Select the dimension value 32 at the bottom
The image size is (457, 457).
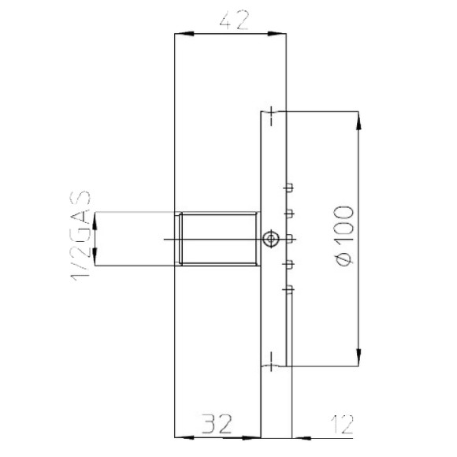(x=216, y=426)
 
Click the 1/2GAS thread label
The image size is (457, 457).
(x=81, y=233)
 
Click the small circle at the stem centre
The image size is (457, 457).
(x=270, y=239)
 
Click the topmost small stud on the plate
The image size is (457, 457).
(x=289, y=188)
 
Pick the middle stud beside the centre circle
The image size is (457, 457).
(x=289, y=238)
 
